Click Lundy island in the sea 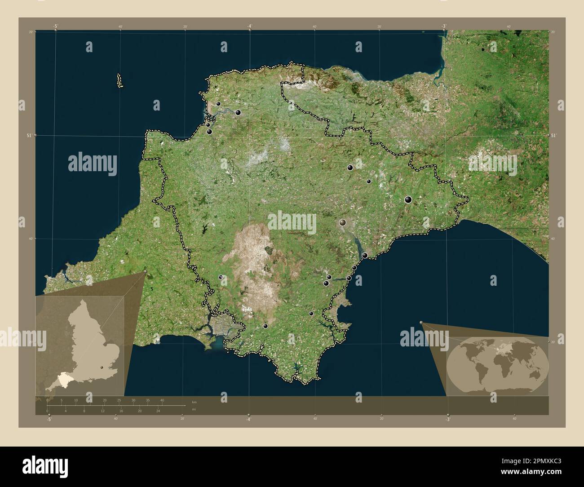[119, 81]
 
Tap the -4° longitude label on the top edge [249, 26]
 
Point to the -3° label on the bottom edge [447, 419]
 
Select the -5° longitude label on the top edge [55, 26]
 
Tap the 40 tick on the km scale [162, 400]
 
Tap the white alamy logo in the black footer [45, 467]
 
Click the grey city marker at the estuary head [343, 222]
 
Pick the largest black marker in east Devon [408, 199]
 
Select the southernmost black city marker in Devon [265, 326]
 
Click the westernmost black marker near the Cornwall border [221, 277]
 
